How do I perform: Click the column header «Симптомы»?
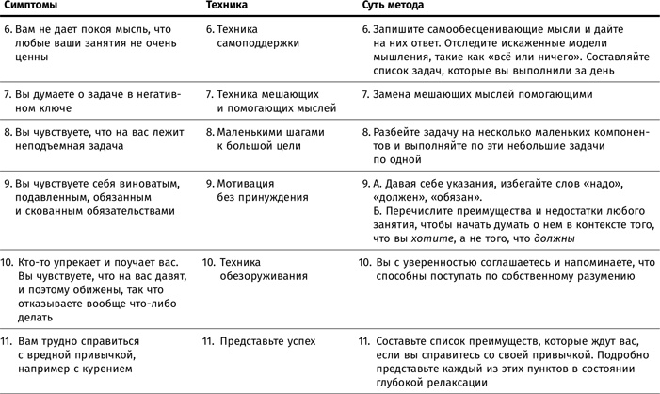point(32,7)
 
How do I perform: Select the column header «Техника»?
point(226,7)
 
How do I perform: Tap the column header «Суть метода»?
point(392,7)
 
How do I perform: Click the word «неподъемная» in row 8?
point(48,147)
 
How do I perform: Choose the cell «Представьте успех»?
point(267,340)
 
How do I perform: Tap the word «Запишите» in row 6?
point(398,30)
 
